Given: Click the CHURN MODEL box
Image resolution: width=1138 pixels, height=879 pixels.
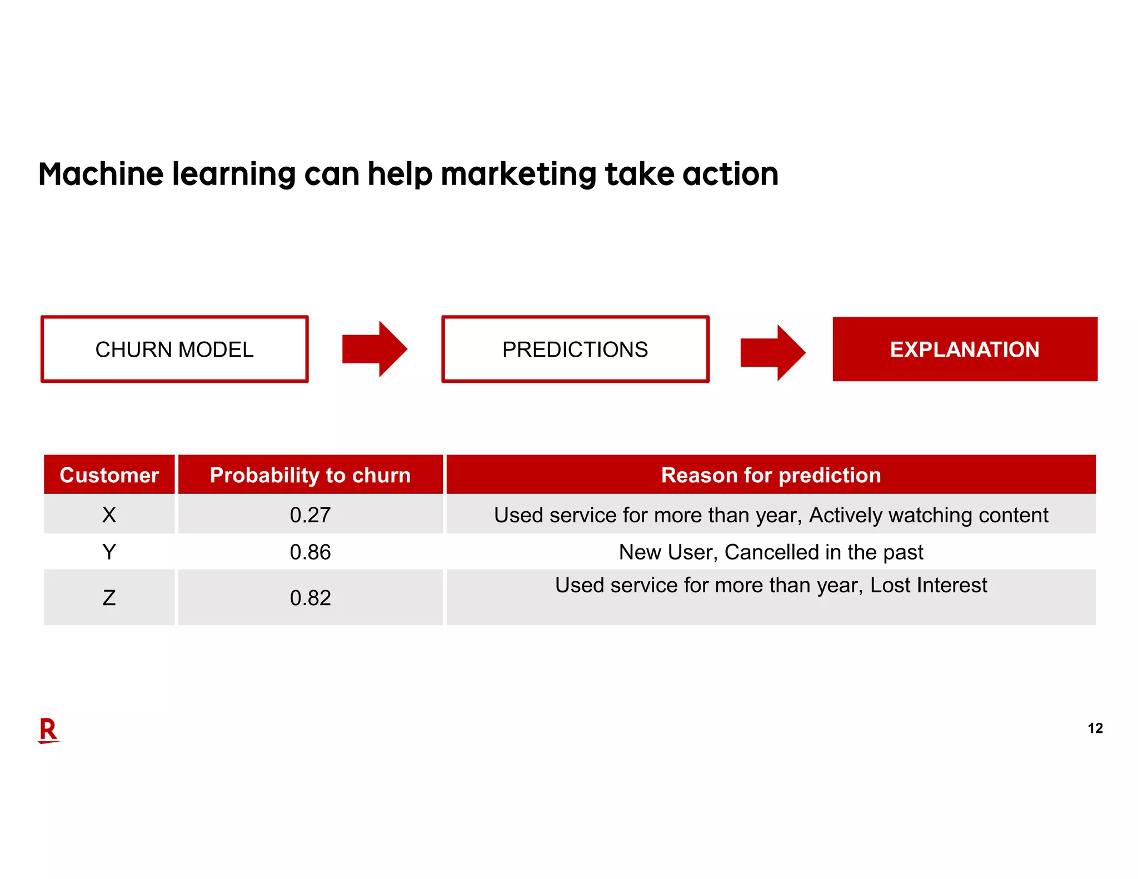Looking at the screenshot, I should click(x=174, y=349).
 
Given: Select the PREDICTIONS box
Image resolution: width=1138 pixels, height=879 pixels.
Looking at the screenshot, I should click(x=575, y=349).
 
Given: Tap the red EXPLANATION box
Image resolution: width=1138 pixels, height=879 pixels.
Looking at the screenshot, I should click(x=965, y=349).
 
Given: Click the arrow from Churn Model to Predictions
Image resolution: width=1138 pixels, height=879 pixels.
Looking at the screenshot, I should click(x=375, y=349).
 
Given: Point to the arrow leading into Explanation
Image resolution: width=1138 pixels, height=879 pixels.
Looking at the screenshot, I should click(x=772, y=353).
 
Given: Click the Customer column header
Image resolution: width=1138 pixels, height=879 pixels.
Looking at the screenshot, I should click(x=109, y=475).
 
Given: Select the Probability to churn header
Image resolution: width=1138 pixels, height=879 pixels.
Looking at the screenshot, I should click(x=310, y=475).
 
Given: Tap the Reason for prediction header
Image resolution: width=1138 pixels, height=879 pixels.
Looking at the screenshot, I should click(x=771, y=475).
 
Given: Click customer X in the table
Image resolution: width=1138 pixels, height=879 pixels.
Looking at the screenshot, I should click(x=109, y=515).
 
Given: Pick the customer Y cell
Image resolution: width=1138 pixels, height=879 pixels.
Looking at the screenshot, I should click(x=109, y=552).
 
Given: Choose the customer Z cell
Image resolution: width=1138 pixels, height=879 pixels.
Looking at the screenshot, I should click(x=109, y=598).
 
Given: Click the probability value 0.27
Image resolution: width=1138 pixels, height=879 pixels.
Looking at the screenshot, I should click(x=310, y=515).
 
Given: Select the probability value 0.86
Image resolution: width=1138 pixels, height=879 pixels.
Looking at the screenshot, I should click(x=310, y=552).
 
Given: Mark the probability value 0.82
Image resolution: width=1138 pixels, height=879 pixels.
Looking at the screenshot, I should click(x=310, y=598).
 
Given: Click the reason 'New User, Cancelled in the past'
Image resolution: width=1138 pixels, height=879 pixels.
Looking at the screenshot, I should click(x=771, y=552).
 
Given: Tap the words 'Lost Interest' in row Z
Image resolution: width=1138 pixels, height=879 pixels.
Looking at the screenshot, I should click(x=929, y=585).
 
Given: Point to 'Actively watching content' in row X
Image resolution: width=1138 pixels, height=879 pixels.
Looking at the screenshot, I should click(x=929, y=515).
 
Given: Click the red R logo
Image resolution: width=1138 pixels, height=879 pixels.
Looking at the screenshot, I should click(x=49, y=730).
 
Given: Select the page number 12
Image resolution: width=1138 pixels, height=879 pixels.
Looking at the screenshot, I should click(x=1095, y=728).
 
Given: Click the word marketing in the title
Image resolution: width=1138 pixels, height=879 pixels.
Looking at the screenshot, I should click(x=518, y=174).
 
